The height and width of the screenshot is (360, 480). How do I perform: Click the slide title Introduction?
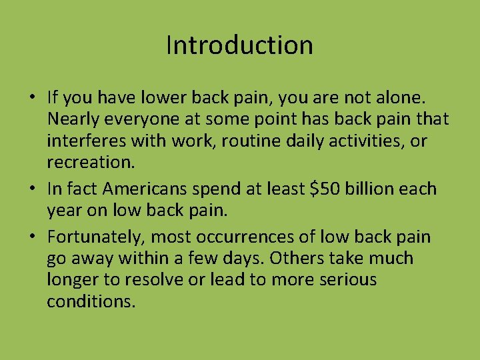tap(239, 45)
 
